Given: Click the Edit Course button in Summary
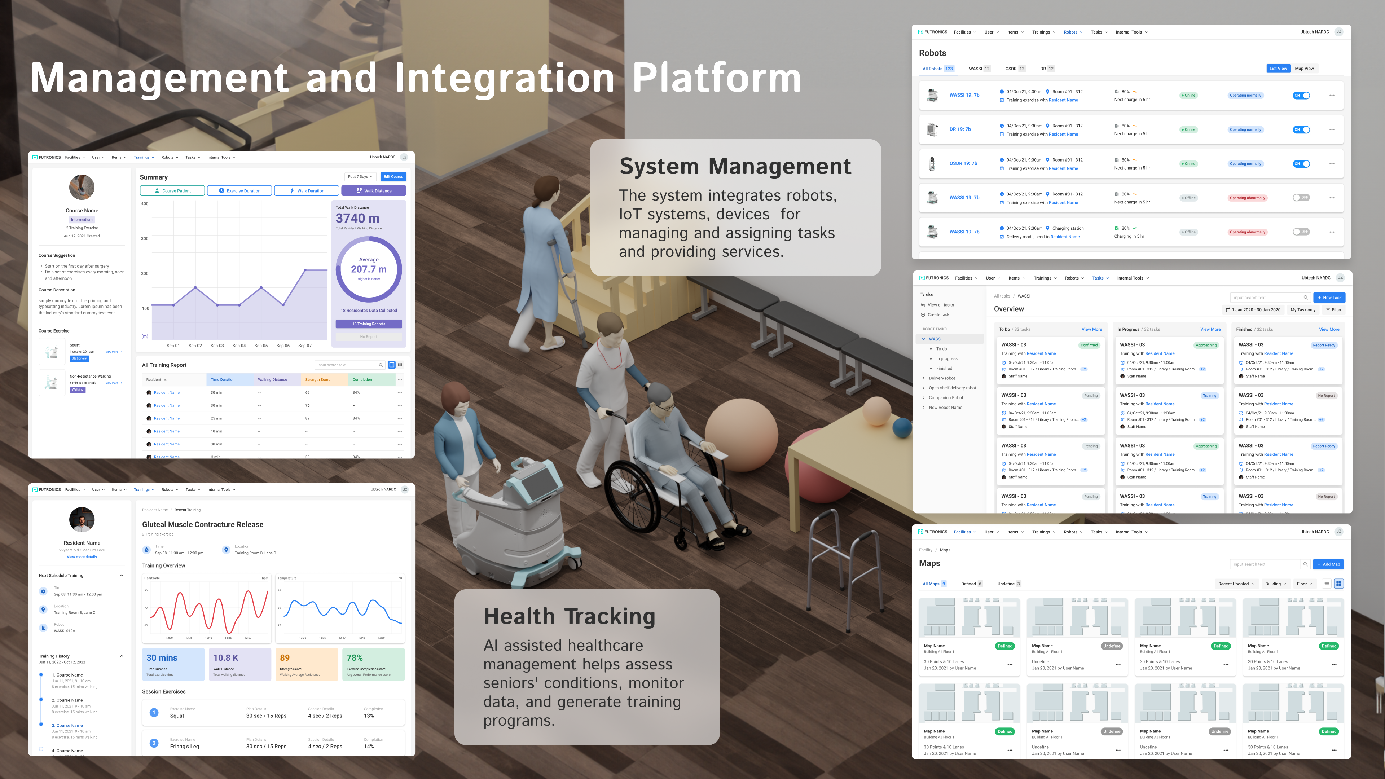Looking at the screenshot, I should point(393,176).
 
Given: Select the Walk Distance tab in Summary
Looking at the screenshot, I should point(374,190).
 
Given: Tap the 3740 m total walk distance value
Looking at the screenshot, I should point(357,218).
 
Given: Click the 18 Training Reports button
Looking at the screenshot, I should point(368,324).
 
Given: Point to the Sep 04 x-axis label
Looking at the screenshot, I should point(239,346).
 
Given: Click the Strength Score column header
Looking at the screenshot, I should point(318,379).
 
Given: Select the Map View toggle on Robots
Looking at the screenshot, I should point(1304,68).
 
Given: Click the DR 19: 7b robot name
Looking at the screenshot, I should point(960,129).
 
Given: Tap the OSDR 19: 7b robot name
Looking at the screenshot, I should point(963,163).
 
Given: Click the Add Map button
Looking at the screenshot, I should point(1328,564).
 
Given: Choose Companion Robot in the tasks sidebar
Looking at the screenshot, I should point(946,398).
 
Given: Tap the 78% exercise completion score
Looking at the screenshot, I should point(355,657).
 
